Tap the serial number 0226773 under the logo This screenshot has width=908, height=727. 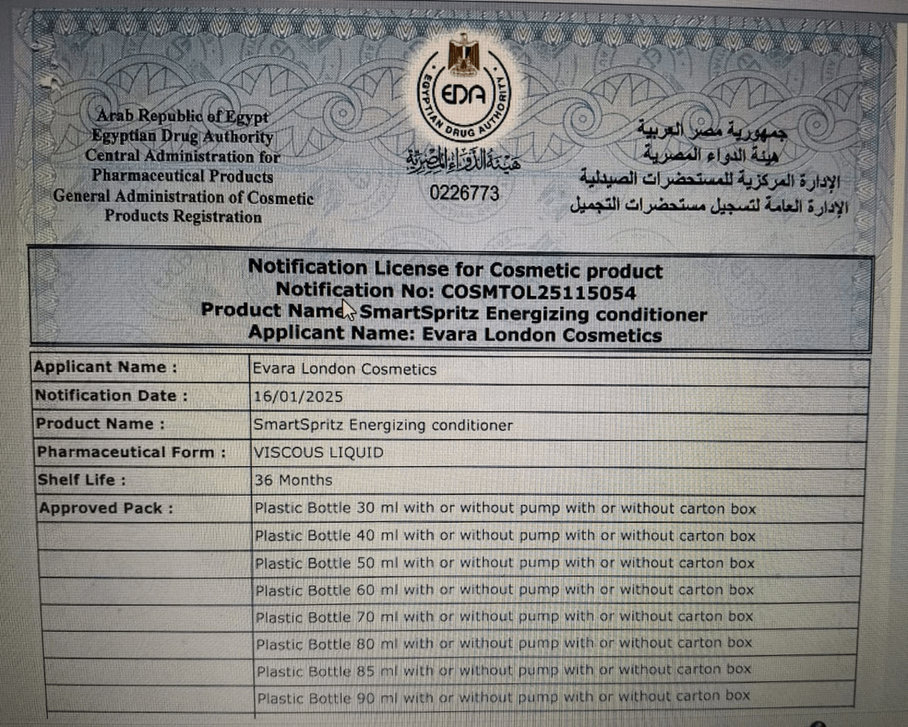pyautogui.click(x=465, y=194)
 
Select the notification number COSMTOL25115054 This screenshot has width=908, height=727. pyautogui.click(x=538, y=291)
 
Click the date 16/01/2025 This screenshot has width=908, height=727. pyautogui.click(x=299, y=396)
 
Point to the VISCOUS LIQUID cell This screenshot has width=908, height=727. pyautogui.click(x=319, y=452)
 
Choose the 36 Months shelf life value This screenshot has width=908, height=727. pyautogui.click(x=294, y=480)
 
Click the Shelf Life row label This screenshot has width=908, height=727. pyautogui.click(x=81, y=480)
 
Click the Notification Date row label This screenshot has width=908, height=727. pyautogui.click(x=110, y=396)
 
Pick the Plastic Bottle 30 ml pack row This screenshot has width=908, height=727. pyautogui.click(x=505, y=508)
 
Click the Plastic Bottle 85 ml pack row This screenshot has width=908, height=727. pyautogui.click(x=503, y=670)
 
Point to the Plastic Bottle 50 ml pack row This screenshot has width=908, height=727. pyautogui.click(x=505, y=563)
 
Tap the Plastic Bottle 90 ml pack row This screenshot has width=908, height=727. pyautogui.click(x=503, y=696)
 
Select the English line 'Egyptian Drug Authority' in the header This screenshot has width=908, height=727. pyautogui.click(x=182, y=138)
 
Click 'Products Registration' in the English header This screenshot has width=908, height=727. pyautogui.click(x=182, y=217)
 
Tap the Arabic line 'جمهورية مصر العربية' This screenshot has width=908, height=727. pyautogui.click(x=714, y=131)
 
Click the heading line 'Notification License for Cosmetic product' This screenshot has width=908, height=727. pyautogui.click(x=455, y=269)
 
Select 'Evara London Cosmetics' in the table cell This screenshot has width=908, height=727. pyautogui.click(x=345, y=369)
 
